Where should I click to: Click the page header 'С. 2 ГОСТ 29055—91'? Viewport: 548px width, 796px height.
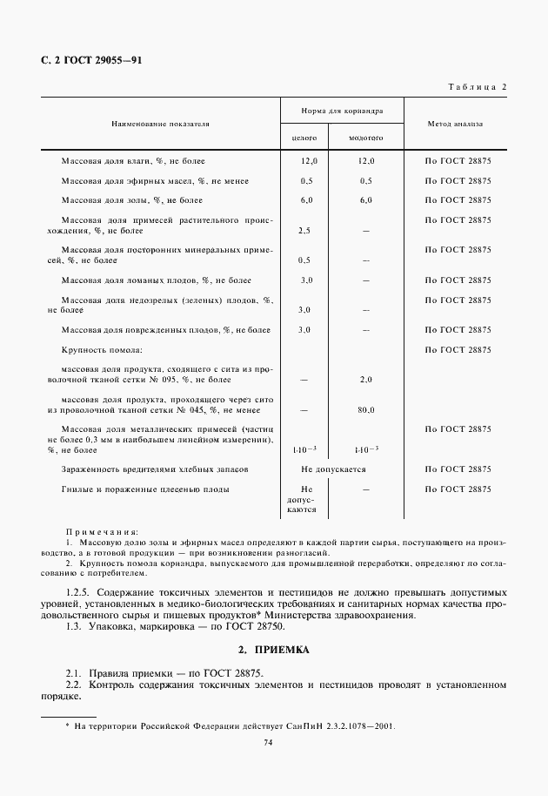click(91, 61)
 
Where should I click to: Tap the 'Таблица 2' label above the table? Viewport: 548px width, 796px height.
click(477, 85)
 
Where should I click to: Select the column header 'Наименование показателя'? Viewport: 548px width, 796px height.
click(160, 124)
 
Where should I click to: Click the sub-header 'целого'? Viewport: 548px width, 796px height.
click(304, 138)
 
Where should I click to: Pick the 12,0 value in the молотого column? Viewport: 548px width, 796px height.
click(366, 161)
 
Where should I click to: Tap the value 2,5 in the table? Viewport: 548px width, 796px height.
click(304, 231)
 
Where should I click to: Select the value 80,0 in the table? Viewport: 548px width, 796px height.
click(366, 409)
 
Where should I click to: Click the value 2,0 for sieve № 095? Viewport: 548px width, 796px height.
click(366, 380)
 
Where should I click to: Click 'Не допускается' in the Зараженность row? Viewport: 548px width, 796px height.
click(335, 469)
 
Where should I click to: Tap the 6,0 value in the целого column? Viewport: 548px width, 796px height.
click(305, 200)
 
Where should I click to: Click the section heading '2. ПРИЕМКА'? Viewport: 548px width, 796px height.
click(273, 651)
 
